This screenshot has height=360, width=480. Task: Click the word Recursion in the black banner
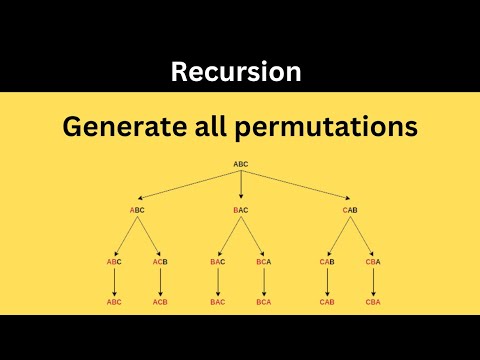(x=235, y=72)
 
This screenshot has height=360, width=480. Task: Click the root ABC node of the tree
(x=241, y=163)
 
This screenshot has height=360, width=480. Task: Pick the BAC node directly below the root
(x=241, y=210)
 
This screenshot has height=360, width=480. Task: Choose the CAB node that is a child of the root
(x=350, y=210)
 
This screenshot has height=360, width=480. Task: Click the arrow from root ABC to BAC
(x=241, y=186)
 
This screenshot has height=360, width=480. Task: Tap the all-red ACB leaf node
(x=160, y=301)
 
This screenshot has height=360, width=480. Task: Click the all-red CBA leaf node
(x=371, y=301)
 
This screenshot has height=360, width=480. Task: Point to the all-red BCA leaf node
(x=264, y=301)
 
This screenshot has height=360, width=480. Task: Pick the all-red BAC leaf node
(x=218, y=301)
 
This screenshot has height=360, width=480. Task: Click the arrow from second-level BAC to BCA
(x=253, y=236)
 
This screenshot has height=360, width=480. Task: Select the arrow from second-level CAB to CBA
(x=361, y=236)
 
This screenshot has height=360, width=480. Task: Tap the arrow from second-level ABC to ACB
(x=149, y=236)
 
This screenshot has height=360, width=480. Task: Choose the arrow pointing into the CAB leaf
(x=327, y=281)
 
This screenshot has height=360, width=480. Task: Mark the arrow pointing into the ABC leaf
(x=115, y=281)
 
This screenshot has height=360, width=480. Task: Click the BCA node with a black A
(x=264, y=261)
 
